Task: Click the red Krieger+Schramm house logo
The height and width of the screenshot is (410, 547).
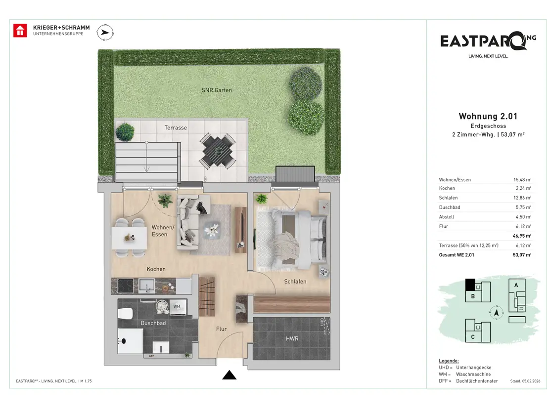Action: click(x=20, y=30)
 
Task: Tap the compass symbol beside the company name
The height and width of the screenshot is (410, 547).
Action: click(x=105, y=33)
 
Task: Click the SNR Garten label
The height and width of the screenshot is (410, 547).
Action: click(x=217, y=90)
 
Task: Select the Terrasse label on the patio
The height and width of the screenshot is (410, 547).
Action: click(x=176, y=128)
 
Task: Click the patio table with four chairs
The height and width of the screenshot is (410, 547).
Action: click(x=218, y=151)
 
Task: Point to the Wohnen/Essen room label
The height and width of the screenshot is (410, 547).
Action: click(x=163, y=231)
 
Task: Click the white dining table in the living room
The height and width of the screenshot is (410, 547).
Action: click(x=130, y=238)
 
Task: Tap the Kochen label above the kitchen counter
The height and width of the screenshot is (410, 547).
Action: click(x=156, y=269)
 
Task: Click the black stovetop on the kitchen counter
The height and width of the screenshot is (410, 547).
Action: click(x=125, y=286)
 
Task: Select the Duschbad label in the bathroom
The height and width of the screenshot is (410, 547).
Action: click(x=153, y=323)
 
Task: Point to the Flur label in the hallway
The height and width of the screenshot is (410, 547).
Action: click(x=221, y=329)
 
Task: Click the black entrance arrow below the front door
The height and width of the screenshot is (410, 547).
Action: click(x=229, y=375)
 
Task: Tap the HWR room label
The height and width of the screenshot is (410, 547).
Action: click(x=292, y=338)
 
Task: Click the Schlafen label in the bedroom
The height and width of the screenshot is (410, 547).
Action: click(x=295, y=282)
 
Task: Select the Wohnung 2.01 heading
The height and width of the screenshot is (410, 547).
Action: click(x=488, y=117)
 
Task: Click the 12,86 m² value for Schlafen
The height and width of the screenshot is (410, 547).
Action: click(x=522, y=198)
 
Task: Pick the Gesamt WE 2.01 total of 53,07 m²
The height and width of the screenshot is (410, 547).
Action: click(x=522, y=255)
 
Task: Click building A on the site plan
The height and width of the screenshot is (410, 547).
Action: click(x=517, y=295)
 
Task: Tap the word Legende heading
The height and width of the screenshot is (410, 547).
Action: click(x=449, y=361)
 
